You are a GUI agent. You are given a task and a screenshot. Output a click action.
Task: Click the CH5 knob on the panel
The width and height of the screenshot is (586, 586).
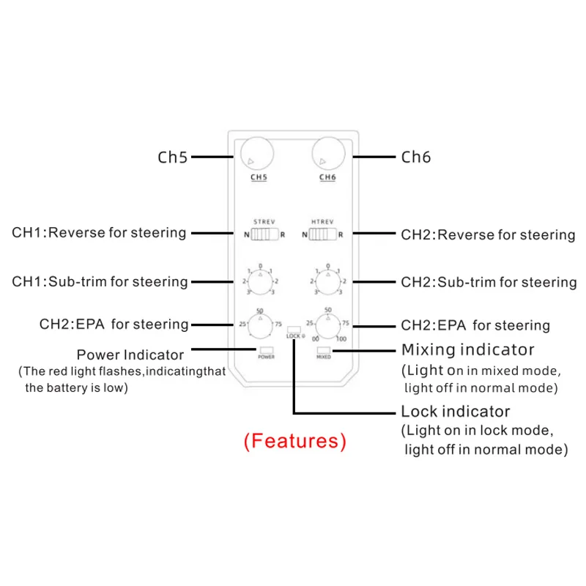(255, 155)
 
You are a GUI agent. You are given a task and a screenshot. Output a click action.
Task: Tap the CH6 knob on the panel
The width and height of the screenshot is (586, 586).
(327, 155)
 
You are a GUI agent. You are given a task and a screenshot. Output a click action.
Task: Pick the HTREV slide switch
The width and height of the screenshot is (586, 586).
(322, 234)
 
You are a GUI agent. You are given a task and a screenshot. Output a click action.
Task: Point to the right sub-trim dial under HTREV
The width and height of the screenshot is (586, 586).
(327, 281)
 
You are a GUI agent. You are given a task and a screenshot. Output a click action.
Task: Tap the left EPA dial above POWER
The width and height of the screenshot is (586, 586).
(258, 324)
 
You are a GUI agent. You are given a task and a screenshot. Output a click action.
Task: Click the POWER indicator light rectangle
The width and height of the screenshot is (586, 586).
(265, 349)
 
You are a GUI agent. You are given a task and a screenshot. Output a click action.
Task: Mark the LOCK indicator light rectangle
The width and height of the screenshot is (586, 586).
(293, 328)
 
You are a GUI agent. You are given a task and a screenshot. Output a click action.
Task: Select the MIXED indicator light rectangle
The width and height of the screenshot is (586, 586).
(323, 350)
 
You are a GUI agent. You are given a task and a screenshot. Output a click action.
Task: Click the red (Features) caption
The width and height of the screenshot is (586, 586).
(294, 441)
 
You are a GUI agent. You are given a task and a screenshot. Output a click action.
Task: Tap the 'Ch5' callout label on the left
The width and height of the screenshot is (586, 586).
(173, 157)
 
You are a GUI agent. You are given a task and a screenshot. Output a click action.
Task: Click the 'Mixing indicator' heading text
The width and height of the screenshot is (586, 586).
(467, 349)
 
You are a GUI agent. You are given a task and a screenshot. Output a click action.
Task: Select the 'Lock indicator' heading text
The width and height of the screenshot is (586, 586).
(455, 411)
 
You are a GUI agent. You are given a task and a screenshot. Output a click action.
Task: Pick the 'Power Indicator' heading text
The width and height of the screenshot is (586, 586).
(141, 355)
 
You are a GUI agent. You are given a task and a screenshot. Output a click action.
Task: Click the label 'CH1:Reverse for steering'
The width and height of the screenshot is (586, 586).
(99, 233)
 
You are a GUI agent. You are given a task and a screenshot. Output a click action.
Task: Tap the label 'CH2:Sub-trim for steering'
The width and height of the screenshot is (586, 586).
(489, 282)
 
